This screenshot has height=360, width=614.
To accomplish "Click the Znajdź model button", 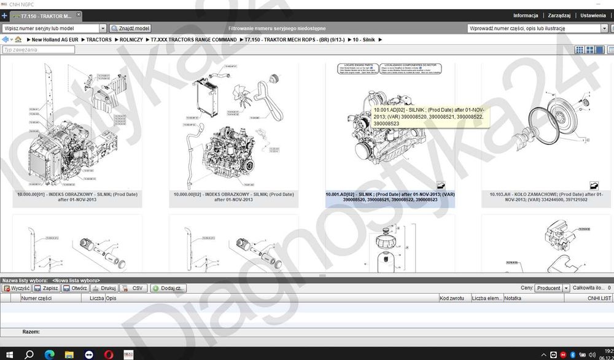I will coord(130,28).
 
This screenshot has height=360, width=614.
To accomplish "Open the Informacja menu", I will coord(526,15).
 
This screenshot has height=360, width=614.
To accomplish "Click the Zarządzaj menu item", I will coord(559,15).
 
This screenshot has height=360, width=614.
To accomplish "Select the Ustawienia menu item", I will coord(593,15).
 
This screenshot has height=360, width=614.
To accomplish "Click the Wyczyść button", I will coord(17,288).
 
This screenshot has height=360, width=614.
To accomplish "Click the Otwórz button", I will coord(76,288).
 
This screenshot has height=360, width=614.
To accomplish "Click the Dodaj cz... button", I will coord(168,288).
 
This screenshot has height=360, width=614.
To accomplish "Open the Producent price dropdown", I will coord(549,288).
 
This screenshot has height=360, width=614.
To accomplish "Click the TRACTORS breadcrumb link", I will coord(99,39).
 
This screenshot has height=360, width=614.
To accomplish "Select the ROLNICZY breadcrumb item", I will coord(131,39).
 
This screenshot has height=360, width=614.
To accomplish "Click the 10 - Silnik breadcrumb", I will coord(364,39).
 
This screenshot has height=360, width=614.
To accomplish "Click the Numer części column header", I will coord(37,298).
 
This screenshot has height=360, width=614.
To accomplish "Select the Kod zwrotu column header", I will coord(452,298).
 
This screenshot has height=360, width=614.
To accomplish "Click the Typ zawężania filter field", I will coord(38,50).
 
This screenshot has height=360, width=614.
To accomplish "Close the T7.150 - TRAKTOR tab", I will coord(78,15).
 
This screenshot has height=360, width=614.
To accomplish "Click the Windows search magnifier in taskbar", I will coord(28,354).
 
